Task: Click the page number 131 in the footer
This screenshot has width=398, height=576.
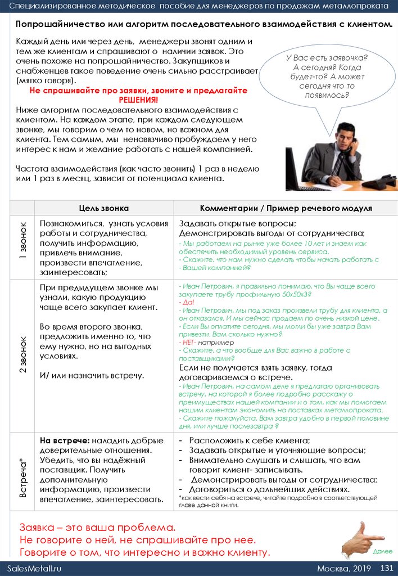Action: [x=386, y=568]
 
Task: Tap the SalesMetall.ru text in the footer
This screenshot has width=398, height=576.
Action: [x=34, y=568]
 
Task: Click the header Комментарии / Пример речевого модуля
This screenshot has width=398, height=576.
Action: [x=286, y=208]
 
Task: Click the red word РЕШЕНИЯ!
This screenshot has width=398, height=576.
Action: [x=138, y=100]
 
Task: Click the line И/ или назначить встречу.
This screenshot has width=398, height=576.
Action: [x=92, y=375]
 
